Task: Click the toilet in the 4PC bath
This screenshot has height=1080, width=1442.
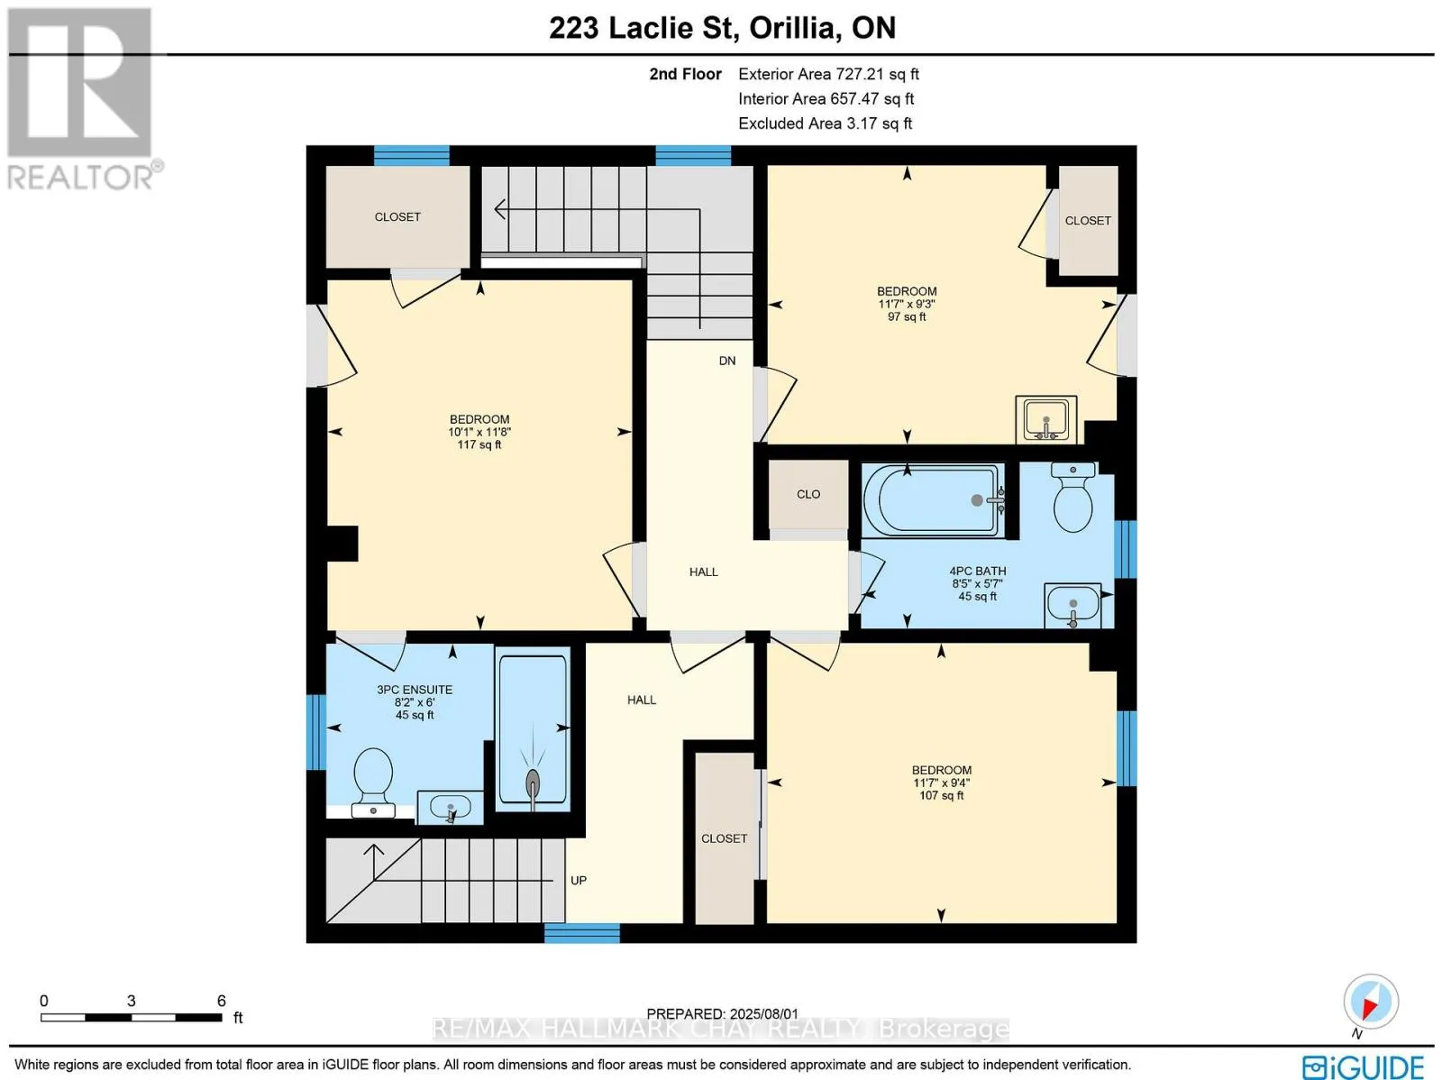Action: (1072, 497)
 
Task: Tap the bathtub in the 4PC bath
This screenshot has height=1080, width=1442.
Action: (933, 500)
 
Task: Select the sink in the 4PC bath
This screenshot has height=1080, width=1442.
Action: (1072, 604)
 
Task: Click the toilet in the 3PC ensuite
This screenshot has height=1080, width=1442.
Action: (373, 783)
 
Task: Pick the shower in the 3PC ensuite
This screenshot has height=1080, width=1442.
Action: (532, 730)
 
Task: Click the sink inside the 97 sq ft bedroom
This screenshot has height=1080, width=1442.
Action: (1045, 419)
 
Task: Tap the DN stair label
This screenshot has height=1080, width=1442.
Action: (726, 361)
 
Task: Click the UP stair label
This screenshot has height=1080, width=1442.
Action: (578, 880)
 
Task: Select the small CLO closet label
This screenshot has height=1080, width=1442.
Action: (808, 494)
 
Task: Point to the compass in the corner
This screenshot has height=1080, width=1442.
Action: (1371, 1002)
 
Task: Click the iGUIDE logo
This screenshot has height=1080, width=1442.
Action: (1364, 1065)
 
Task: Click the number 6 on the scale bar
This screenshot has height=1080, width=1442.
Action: (222, 1001)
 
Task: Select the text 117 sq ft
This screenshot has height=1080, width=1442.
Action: (479, 444)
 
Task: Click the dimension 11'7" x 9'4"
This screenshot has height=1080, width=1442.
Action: (941, 783)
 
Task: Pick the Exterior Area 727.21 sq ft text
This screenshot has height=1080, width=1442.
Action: (828, 74)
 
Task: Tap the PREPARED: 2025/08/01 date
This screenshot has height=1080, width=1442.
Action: (722, 1014)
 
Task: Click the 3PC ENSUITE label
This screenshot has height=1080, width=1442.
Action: (414, 690)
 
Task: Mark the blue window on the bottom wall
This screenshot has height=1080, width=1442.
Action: (582, 933)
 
